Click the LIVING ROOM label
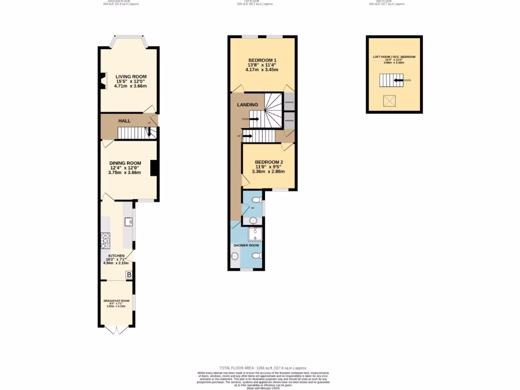coord(131,77)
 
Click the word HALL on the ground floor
coord(124,121)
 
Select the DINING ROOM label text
coord(124,163)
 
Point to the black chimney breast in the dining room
coord(153,168)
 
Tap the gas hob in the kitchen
coord(106,239)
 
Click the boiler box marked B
coord(129,275)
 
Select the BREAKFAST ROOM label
coord(116,301)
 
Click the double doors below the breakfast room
coord(116,330)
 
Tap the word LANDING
coord(247,105)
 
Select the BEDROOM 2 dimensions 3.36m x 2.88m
coord(268,172)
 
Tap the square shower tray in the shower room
coord(254,233)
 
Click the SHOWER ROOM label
coord(246,245)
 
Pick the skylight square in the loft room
coord(389,101)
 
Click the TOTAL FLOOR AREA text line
coord(263,368)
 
